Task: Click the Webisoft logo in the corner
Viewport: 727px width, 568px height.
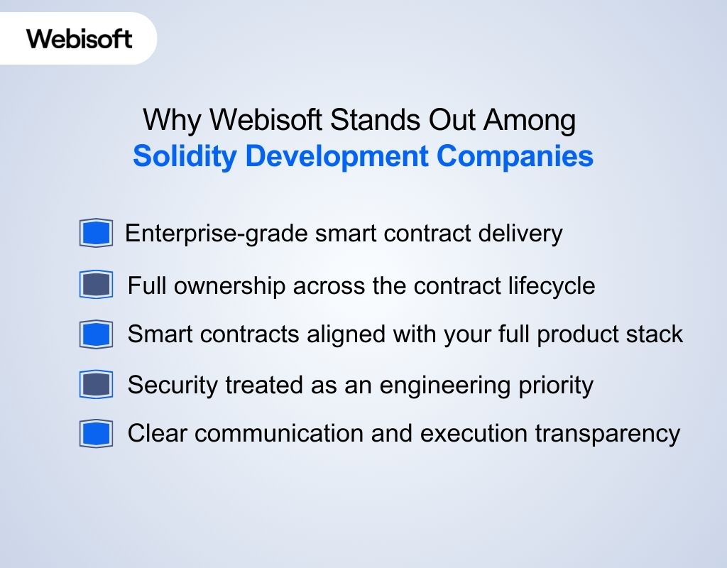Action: [80, 38]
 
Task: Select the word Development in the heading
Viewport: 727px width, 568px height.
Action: [337, 156]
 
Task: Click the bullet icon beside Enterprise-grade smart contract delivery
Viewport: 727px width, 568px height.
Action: [96, 233]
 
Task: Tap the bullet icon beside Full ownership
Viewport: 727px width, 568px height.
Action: [96, 285]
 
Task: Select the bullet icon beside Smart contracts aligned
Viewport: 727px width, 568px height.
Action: [96, 334]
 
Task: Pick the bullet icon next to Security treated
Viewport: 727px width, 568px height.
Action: [96, 385]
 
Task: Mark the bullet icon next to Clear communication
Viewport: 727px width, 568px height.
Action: [96, 434]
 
